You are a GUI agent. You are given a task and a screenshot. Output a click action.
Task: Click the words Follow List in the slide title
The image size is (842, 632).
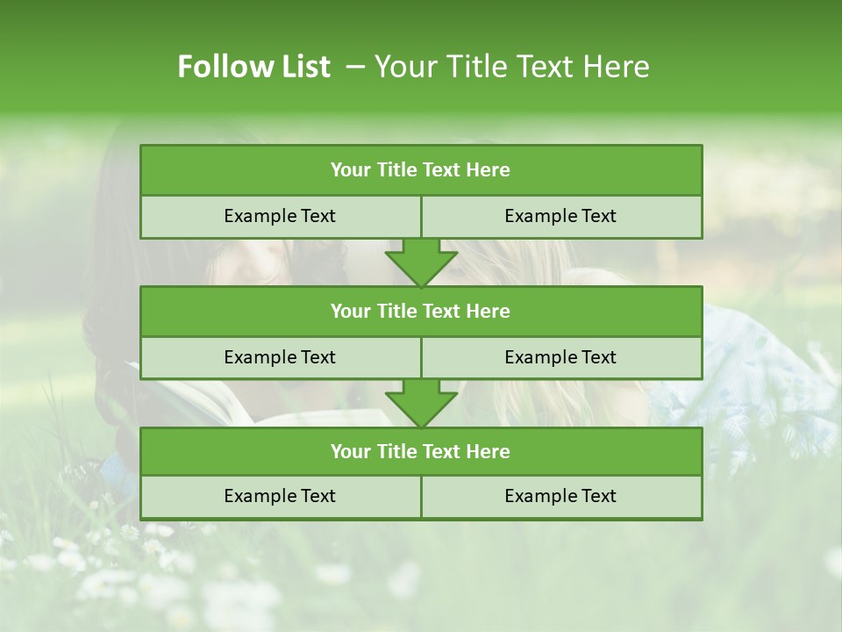click(253, 67)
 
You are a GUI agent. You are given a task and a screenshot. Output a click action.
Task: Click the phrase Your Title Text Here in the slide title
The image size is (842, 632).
click(511, 67)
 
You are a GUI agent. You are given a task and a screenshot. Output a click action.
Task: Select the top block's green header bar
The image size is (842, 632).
click(421, 170)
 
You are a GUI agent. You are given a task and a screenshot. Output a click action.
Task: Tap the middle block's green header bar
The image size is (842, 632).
click(421, 311)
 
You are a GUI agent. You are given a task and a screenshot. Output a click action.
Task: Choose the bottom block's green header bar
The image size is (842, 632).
click(421, 451)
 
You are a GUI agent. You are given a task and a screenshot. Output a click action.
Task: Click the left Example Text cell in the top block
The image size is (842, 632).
click(280, 216)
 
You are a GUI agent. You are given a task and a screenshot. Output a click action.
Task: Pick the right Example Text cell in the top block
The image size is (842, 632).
click(560, 216)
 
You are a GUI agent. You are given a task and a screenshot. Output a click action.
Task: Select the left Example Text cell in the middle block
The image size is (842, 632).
click(280, 357)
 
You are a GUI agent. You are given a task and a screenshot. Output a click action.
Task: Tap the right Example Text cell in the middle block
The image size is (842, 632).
click(560, 357)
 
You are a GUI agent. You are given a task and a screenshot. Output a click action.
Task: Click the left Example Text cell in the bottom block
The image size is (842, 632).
click(280, 496)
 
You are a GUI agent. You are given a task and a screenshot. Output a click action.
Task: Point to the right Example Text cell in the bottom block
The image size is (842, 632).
click(560, 496)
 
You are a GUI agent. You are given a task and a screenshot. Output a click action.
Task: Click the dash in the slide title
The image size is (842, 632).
click(355, 67)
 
